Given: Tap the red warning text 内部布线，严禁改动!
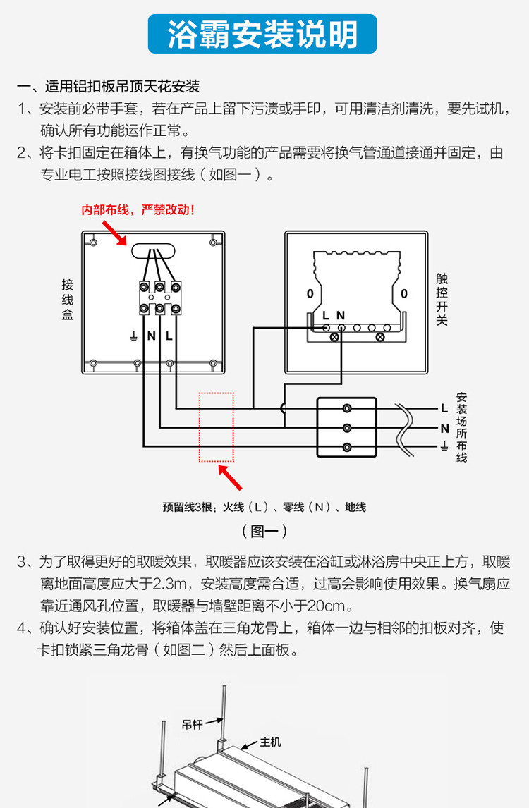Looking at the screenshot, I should click(138, 210).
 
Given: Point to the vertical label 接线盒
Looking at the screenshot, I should click(68, 300).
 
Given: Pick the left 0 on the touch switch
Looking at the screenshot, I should click(310, 293).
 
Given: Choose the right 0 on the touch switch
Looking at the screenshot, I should click(404, 293).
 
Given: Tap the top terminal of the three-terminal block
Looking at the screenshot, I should click(347, 408).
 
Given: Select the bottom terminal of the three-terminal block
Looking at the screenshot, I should click(347, 447).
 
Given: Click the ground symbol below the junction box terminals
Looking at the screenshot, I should click(133, 336).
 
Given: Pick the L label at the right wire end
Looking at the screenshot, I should click(444, 408).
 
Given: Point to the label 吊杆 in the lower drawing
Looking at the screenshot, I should click(192, 724).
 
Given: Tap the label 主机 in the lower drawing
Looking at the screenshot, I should click(270, 742).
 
